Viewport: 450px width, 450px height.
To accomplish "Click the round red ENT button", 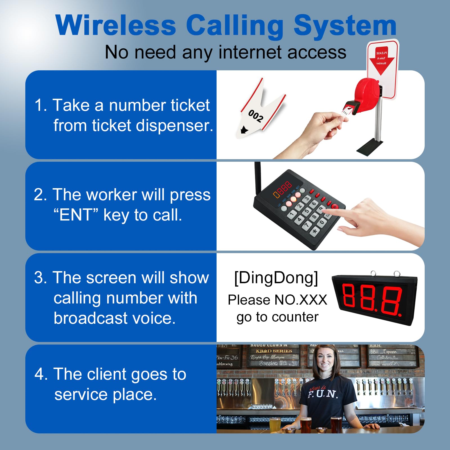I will (x=335, y=206).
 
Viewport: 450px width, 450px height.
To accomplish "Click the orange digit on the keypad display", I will (x=276, y=194).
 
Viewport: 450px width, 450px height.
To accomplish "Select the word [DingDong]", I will (x=276, y=278).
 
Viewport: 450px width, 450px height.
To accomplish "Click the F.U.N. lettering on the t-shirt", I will (x=323, y=394).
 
